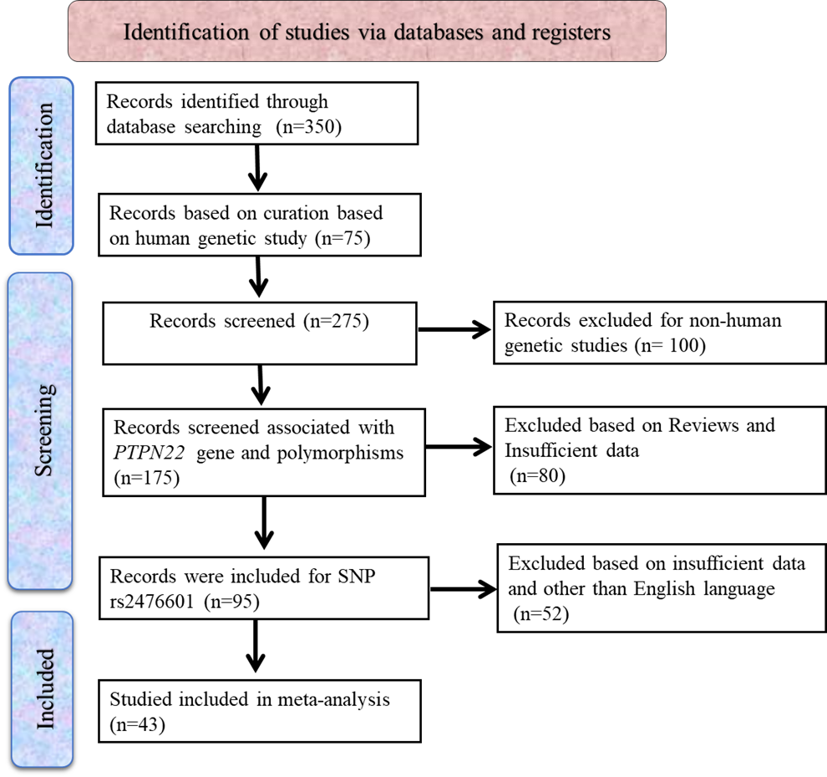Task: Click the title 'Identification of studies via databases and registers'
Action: [367, 33]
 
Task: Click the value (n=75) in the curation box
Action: [341, 238]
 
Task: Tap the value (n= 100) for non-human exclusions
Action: [670, 345]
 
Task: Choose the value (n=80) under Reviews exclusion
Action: [538, 476]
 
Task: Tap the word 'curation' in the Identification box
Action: [259, 213]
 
